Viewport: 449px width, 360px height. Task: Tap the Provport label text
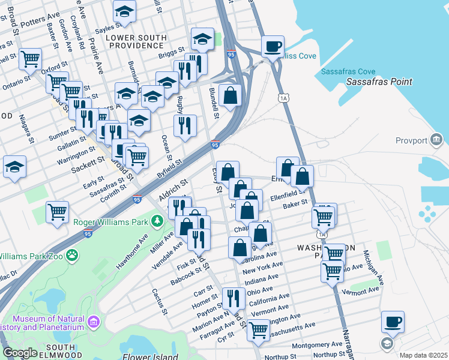coord(411,141)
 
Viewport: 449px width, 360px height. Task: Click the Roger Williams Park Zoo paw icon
coord(72,256)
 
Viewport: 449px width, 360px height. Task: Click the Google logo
coord(19,353)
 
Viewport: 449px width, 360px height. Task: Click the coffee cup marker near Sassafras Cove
coord(273,47)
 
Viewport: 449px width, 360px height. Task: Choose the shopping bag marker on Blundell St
coord(231,95)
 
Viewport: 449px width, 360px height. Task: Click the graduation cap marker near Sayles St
coord(124,12)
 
